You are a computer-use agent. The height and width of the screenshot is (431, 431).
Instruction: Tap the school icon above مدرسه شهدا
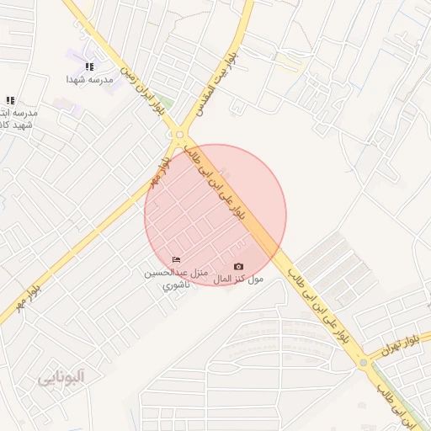pos(90,66)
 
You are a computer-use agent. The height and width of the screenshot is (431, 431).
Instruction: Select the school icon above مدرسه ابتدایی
pos(10,100)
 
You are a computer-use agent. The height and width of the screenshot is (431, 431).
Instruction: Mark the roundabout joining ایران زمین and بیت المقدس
pos(179,134)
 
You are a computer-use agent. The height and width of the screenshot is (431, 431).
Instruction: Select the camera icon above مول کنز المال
pos(237,267)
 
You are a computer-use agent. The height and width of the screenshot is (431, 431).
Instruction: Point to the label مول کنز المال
pos(238,279)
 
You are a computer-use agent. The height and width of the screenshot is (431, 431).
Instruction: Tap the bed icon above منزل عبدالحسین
pos(176,259)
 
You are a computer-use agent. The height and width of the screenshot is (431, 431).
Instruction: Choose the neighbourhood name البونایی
pos(61,378)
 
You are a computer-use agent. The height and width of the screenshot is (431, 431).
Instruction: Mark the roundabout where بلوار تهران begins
pos(364,362)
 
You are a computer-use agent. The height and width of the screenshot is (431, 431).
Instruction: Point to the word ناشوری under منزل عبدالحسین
pos(176,285)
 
